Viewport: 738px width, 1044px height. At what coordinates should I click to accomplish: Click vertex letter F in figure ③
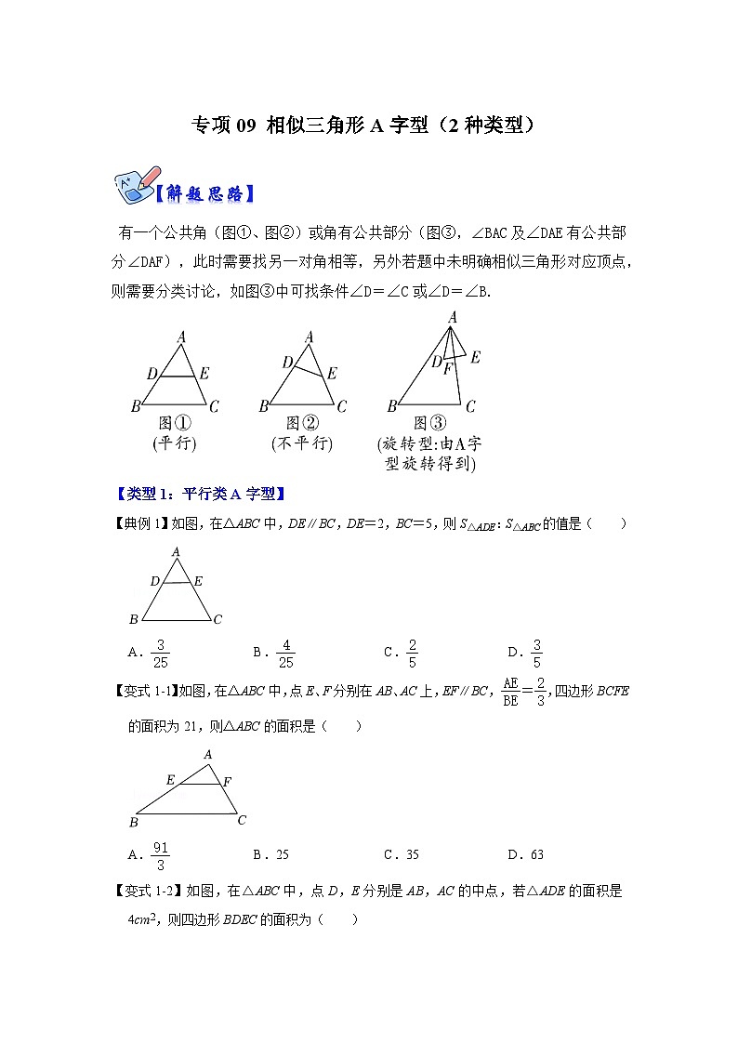(448, 369)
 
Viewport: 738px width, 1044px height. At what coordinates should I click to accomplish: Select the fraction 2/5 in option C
(412, 654)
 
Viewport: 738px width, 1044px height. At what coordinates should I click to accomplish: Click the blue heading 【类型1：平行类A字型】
(199, 494)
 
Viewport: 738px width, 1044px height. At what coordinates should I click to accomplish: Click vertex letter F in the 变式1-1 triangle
(228, 781)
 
